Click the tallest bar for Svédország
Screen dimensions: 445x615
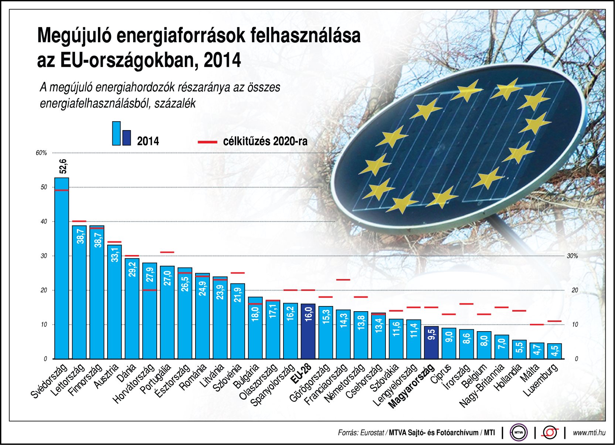tap(62, 268)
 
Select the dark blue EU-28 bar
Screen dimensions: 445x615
tap(308, 332)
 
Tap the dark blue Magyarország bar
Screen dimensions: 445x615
tap(431, 342)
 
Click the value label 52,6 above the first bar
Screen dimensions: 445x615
tap(63, 166)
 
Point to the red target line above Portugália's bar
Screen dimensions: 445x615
tap(167, 252)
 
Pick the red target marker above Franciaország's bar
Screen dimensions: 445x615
tap(343, 280)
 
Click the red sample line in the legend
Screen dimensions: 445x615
tap(207, 142)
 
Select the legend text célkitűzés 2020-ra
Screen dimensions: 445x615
tap(265, 142)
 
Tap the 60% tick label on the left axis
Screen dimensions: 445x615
tap(41, 153)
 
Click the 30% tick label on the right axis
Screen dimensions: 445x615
tap(572, 256)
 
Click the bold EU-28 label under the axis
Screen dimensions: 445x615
tap(300, 373)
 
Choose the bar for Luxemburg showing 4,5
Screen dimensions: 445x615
tap(554, 351)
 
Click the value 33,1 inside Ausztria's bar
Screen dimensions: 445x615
tap(115, 255)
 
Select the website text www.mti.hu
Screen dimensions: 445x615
tap(589, 432)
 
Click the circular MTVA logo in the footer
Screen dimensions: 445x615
tap(519, 432)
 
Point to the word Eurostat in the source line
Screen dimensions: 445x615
tap(372, 432)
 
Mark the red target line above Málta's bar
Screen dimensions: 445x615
tap(537, 325)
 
